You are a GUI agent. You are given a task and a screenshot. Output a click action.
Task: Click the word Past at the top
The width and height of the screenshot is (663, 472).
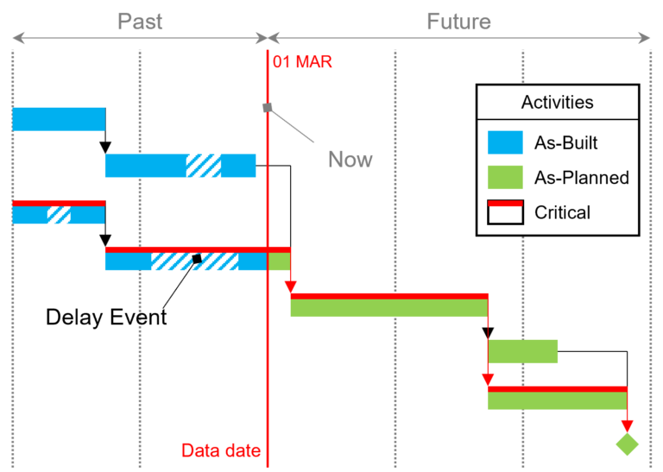[140, 22]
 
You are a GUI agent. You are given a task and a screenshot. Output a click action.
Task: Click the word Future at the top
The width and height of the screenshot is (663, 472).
[458, 22]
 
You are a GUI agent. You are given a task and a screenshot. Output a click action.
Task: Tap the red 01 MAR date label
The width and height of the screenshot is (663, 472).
[302, 62]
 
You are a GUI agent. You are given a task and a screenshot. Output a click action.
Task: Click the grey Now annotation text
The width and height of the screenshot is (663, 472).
[350, 160]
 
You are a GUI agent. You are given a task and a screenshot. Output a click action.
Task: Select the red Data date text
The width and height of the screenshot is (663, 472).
[220, 450]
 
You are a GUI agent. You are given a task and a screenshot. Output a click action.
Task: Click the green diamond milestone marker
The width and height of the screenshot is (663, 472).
[627, 444]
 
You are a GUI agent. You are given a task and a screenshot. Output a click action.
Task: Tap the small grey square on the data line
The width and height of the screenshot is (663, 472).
[268, 108]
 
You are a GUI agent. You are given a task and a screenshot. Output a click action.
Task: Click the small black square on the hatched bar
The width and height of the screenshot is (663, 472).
[197, 258]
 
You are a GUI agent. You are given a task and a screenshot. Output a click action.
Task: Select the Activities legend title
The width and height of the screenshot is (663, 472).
[557, 103]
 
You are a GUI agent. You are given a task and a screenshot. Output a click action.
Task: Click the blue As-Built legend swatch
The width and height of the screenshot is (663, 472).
[505, 142]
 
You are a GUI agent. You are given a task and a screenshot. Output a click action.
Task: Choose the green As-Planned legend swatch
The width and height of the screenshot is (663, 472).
[505, 178]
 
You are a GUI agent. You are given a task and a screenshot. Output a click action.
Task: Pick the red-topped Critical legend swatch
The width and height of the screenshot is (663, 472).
[505, 212]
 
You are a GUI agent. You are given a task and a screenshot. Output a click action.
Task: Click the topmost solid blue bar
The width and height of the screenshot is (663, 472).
[59, 119]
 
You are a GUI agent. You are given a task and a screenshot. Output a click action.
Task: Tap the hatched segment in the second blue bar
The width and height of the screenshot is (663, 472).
[204, 166]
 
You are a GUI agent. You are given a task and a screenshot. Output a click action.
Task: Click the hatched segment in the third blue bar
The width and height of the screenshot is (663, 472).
[59, 215]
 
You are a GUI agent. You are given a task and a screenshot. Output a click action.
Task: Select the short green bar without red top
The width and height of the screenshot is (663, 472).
[523, 351]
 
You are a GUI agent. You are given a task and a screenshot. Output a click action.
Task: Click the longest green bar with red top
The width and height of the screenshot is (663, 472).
[388, 306]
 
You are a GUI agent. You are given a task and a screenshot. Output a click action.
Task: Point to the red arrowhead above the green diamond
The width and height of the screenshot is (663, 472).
[627, 425]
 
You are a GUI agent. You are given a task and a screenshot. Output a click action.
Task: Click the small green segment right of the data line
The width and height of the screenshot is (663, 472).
[279, 261]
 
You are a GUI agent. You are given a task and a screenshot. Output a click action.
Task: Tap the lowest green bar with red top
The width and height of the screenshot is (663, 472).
[557, 400]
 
